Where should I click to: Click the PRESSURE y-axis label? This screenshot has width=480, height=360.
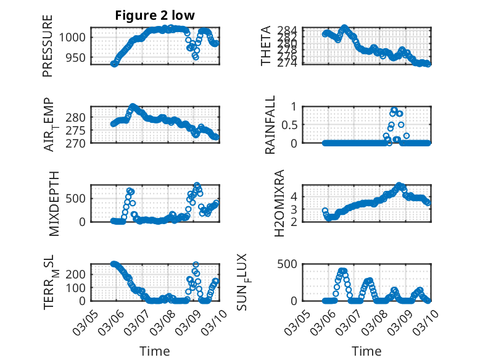(48, 46)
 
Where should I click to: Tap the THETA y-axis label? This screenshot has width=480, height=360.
(266, 46)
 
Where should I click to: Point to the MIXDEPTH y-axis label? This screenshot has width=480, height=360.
(52, 203)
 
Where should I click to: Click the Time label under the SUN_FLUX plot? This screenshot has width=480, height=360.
(366, 351)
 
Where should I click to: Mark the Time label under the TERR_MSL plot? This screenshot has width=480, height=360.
(154, 351)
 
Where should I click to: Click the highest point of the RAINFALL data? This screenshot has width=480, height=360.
(394, 110)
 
